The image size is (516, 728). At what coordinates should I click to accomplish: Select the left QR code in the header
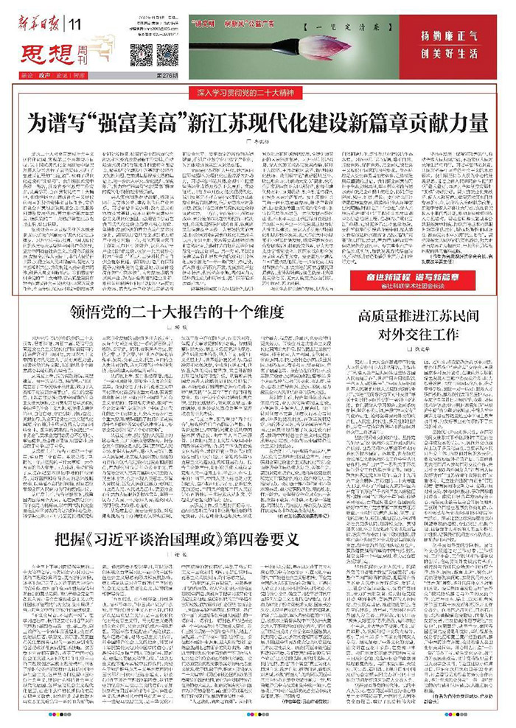click(142, 55)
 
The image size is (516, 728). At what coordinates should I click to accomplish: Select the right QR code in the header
click(167, 55)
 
